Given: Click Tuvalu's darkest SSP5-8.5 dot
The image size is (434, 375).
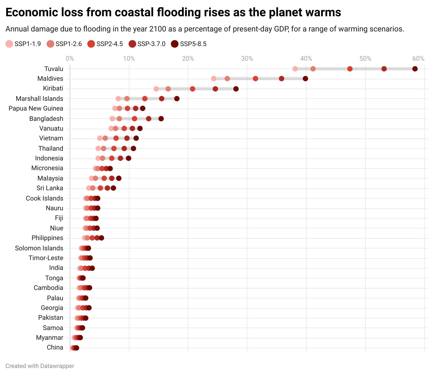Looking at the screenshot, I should pyautogui.click(x=415, y=69).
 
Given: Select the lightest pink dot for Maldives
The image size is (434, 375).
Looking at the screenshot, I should pyautogui.click(x=214, y=79).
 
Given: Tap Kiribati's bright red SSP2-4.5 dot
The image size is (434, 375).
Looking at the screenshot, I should pyautogui.click(x=193, y=89).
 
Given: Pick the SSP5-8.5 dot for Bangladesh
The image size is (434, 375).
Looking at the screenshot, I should pyautogui.click(x=161, y=119).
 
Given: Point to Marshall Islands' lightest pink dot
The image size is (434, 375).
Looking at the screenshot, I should pyautogui.click(x=118, y=99).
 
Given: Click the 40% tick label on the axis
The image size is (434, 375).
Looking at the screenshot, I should pyautogui.click(x=306, y=59).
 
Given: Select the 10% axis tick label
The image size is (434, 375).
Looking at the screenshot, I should pyautogui.click(x=129, y=59).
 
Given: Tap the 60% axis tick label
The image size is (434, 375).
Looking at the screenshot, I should pyautogui.click(x=418, y=59).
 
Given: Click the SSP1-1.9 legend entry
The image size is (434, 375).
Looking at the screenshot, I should pyautogui.click(x=24, y=44).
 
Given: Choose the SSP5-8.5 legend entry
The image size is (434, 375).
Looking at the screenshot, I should pyautogui.click(x=189, y=44).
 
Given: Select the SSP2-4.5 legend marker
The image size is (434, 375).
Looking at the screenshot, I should pyautogui.click(x=91, y=44).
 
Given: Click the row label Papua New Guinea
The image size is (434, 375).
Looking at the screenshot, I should pyautogui.click(x=36, y=109).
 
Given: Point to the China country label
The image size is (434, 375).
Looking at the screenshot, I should pyautogui.click(x=55, y=347).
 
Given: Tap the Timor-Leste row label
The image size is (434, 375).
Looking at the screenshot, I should pyautogui.click(x=46, y=258).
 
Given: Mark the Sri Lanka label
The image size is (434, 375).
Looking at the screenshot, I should pyautogui.click(x=50, y=188).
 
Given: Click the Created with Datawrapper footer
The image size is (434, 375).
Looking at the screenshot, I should pyautogui.click(x=40, y=366).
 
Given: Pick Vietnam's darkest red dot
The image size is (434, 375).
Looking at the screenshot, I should pyautogui.click(x=136, y=138).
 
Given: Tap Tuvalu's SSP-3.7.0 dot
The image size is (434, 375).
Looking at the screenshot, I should pyautogui.click(x=384, y=69).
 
